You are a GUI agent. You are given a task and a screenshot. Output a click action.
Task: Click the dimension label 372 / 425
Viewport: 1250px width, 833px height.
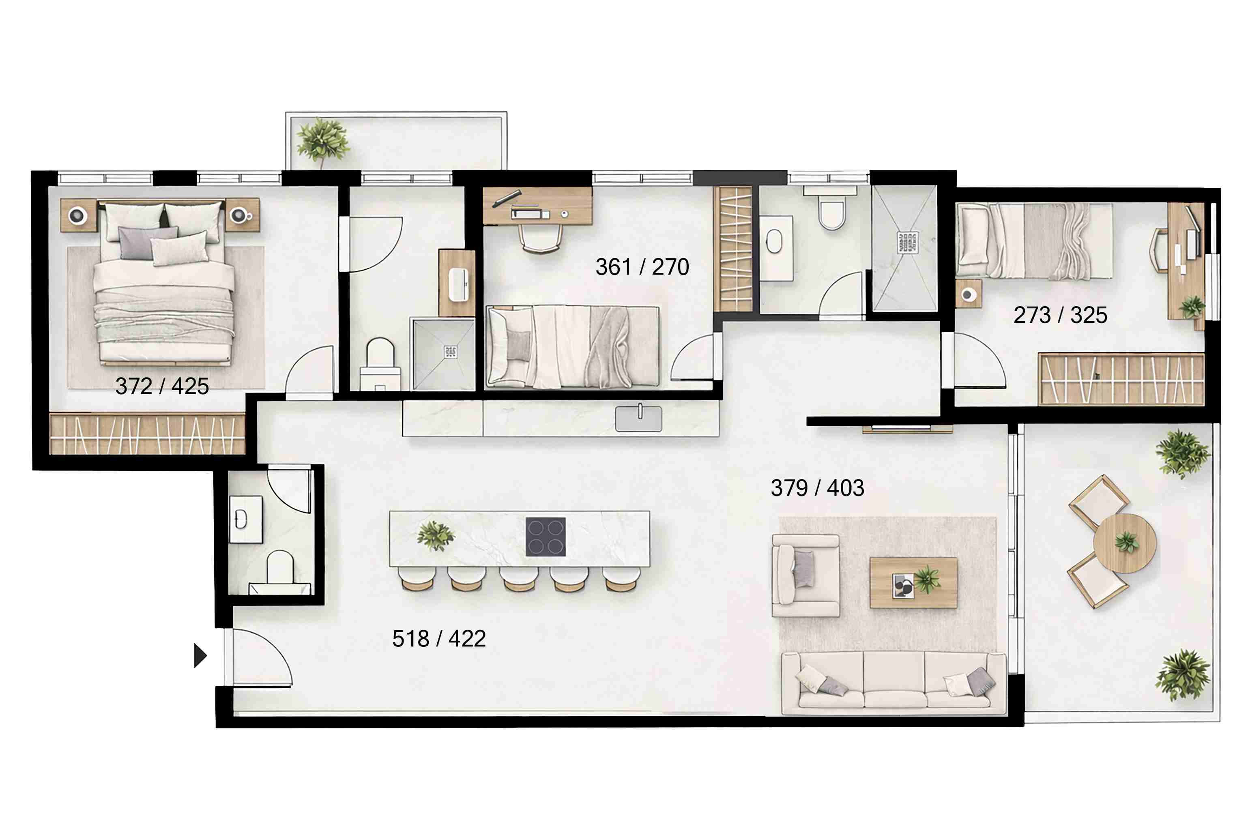162,386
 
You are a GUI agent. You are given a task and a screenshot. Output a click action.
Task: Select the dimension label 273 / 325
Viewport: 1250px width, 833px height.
1060,315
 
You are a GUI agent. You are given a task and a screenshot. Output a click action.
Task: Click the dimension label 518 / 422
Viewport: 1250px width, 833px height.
439,639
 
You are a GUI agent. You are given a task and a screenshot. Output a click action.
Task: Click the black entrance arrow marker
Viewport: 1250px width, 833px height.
200,655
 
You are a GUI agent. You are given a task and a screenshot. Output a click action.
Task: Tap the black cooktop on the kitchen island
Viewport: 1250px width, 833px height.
546,537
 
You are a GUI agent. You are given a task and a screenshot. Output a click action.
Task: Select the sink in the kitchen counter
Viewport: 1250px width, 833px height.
638,419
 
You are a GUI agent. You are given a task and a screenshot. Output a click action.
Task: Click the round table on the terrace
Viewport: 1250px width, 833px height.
1124,543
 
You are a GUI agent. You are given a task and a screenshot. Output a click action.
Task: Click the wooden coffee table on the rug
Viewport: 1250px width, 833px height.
913,583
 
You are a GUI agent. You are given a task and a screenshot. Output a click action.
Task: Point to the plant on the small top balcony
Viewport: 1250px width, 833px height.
322,140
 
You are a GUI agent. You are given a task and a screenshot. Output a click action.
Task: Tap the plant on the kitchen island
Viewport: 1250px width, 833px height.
436,535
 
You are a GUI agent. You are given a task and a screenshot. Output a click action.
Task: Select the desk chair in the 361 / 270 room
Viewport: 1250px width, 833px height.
540,238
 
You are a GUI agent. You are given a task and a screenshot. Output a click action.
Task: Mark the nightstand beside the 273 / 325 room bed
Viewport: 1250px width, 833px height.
968,294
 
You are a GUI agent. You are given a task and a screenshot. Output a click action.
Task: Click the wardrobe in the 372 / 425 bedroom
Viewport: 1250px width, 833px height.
147,435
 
